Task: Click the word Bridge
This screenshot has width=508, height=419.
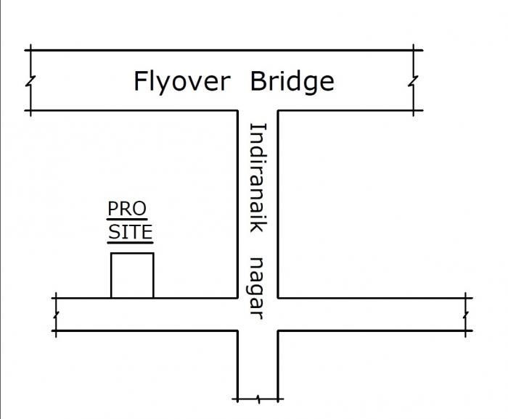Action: tap(292, 81)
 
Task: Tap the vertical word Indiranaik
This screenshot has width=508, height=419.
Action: tap(258, 178)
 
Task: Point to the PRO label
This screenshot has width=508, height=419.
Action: tap(127, 209)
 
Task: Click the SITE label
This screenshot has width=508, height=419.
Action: tap(131, 233)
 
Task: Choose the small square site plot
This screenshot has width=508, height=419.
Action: tap(132, 275)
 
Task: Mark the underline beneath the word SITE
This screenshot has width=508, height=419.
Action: tap(131, 243)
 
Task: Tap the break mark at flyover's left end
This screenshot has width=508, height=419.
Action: tap(29, 80)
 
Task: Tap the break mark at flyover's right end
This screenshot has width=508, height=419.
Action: tap(414, 80)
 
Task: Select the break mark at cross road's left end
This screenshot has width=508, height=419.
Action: tap(55, 314)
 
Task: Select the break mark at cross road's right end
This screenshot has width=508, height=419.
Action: tap(467, 314)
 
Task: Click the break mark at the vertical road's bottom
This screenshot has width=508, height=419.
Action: tap(258, 399)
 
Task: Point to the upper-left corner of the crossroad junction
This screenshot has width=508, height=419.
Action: tap(238, 297)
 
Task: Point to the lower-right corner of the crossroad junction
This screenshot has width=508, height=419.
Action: tap(279, 331)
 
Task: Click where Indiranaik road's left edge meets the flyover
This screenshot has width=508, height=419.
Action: tap(238, 111)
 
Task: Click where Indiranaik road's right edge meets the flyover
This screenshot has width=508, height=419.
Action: tap(279, 111)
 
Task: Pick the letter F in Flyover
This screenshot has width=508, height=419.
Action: tap(140, 81)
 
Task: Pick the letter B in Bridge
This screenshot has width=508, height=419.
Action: tap(258, 81)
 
